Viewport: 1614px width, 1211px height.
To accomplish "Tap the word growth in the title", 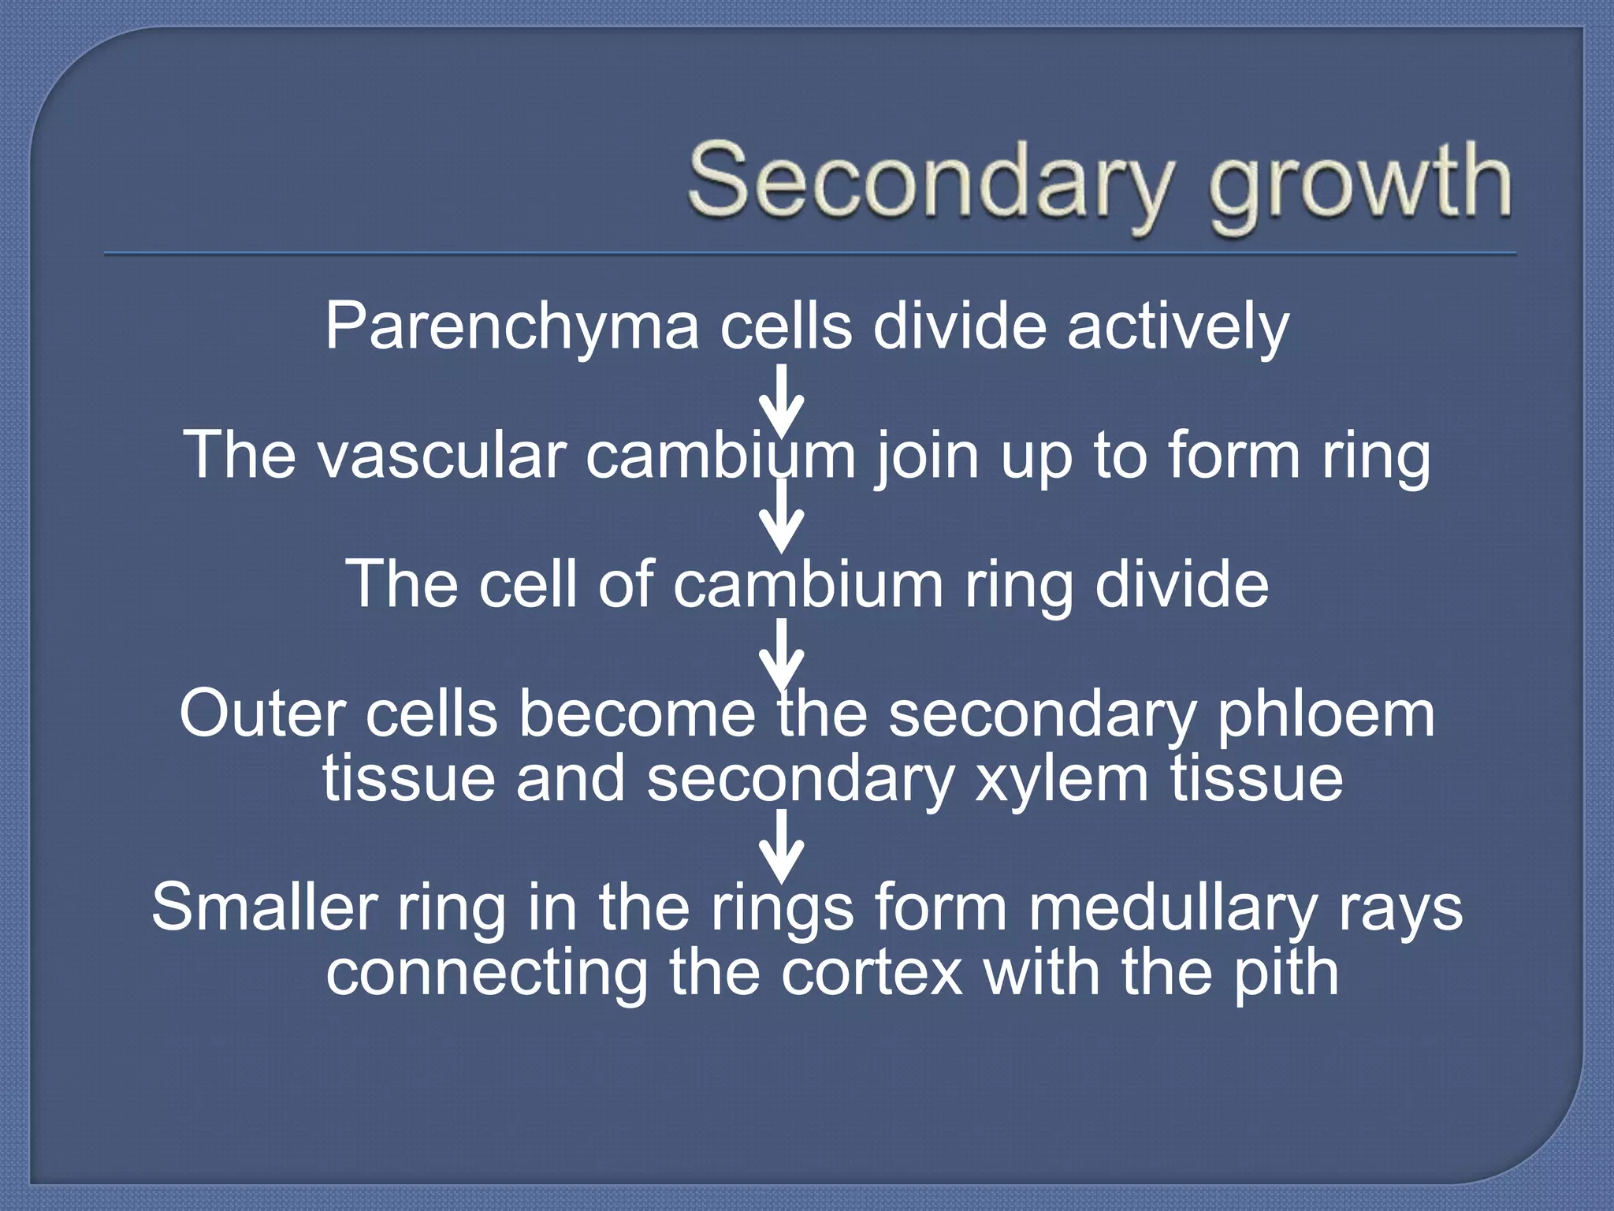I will (1360, 185).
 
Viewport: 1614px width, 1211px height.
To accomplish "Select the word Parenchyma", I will (512, 327).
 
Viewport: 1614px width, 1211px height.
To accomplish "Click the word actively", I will (1177, 327).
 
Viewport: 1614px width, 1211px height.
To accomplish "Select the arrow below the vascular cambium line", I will (781, 516).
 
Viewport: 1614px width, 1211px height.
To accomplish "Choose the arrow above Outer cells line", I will (781, 654).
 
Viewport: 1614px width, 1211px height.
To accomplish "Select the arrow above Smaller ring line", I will (781, 847).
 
